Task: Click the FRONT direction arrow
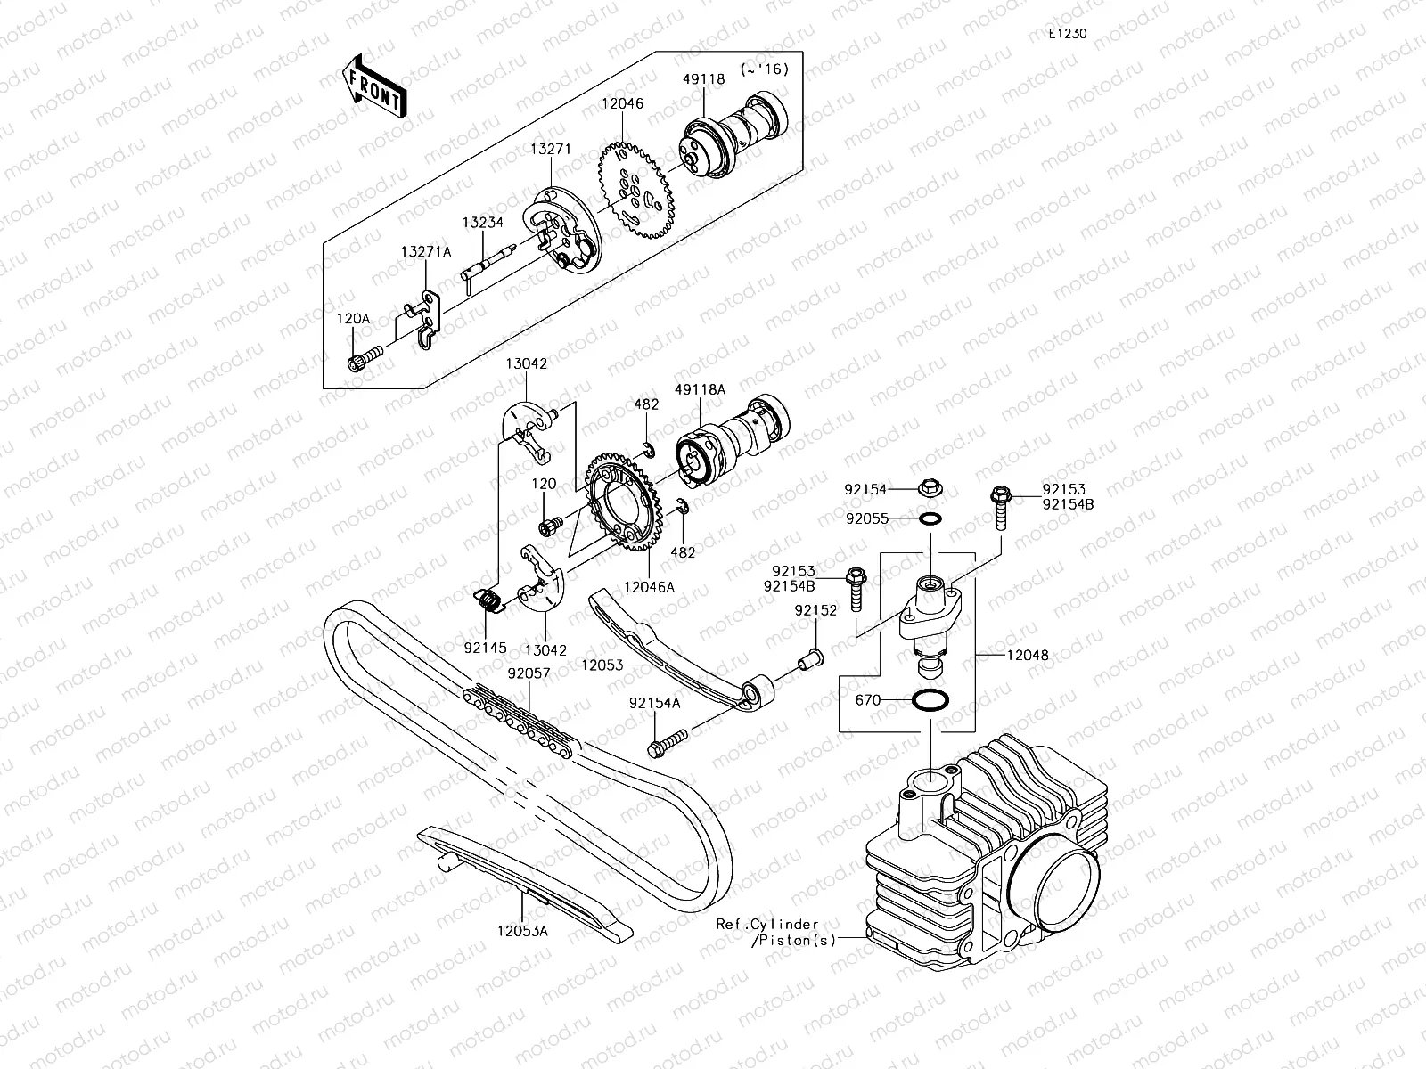tap(373, 85)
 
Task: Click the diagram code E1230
tap(1067, 35)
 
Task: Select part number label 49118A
tap(700, 389)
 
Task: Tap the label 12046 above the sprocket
tap(622, 104)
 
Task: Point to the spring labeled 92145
tap(486, 602)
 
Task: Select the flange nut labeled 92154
tap(930, 489)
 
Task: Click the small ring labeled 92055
tap(930, 518)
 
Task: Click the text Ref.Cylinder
tap(767, 925)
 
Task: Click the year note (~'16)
tap(764, 69)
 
